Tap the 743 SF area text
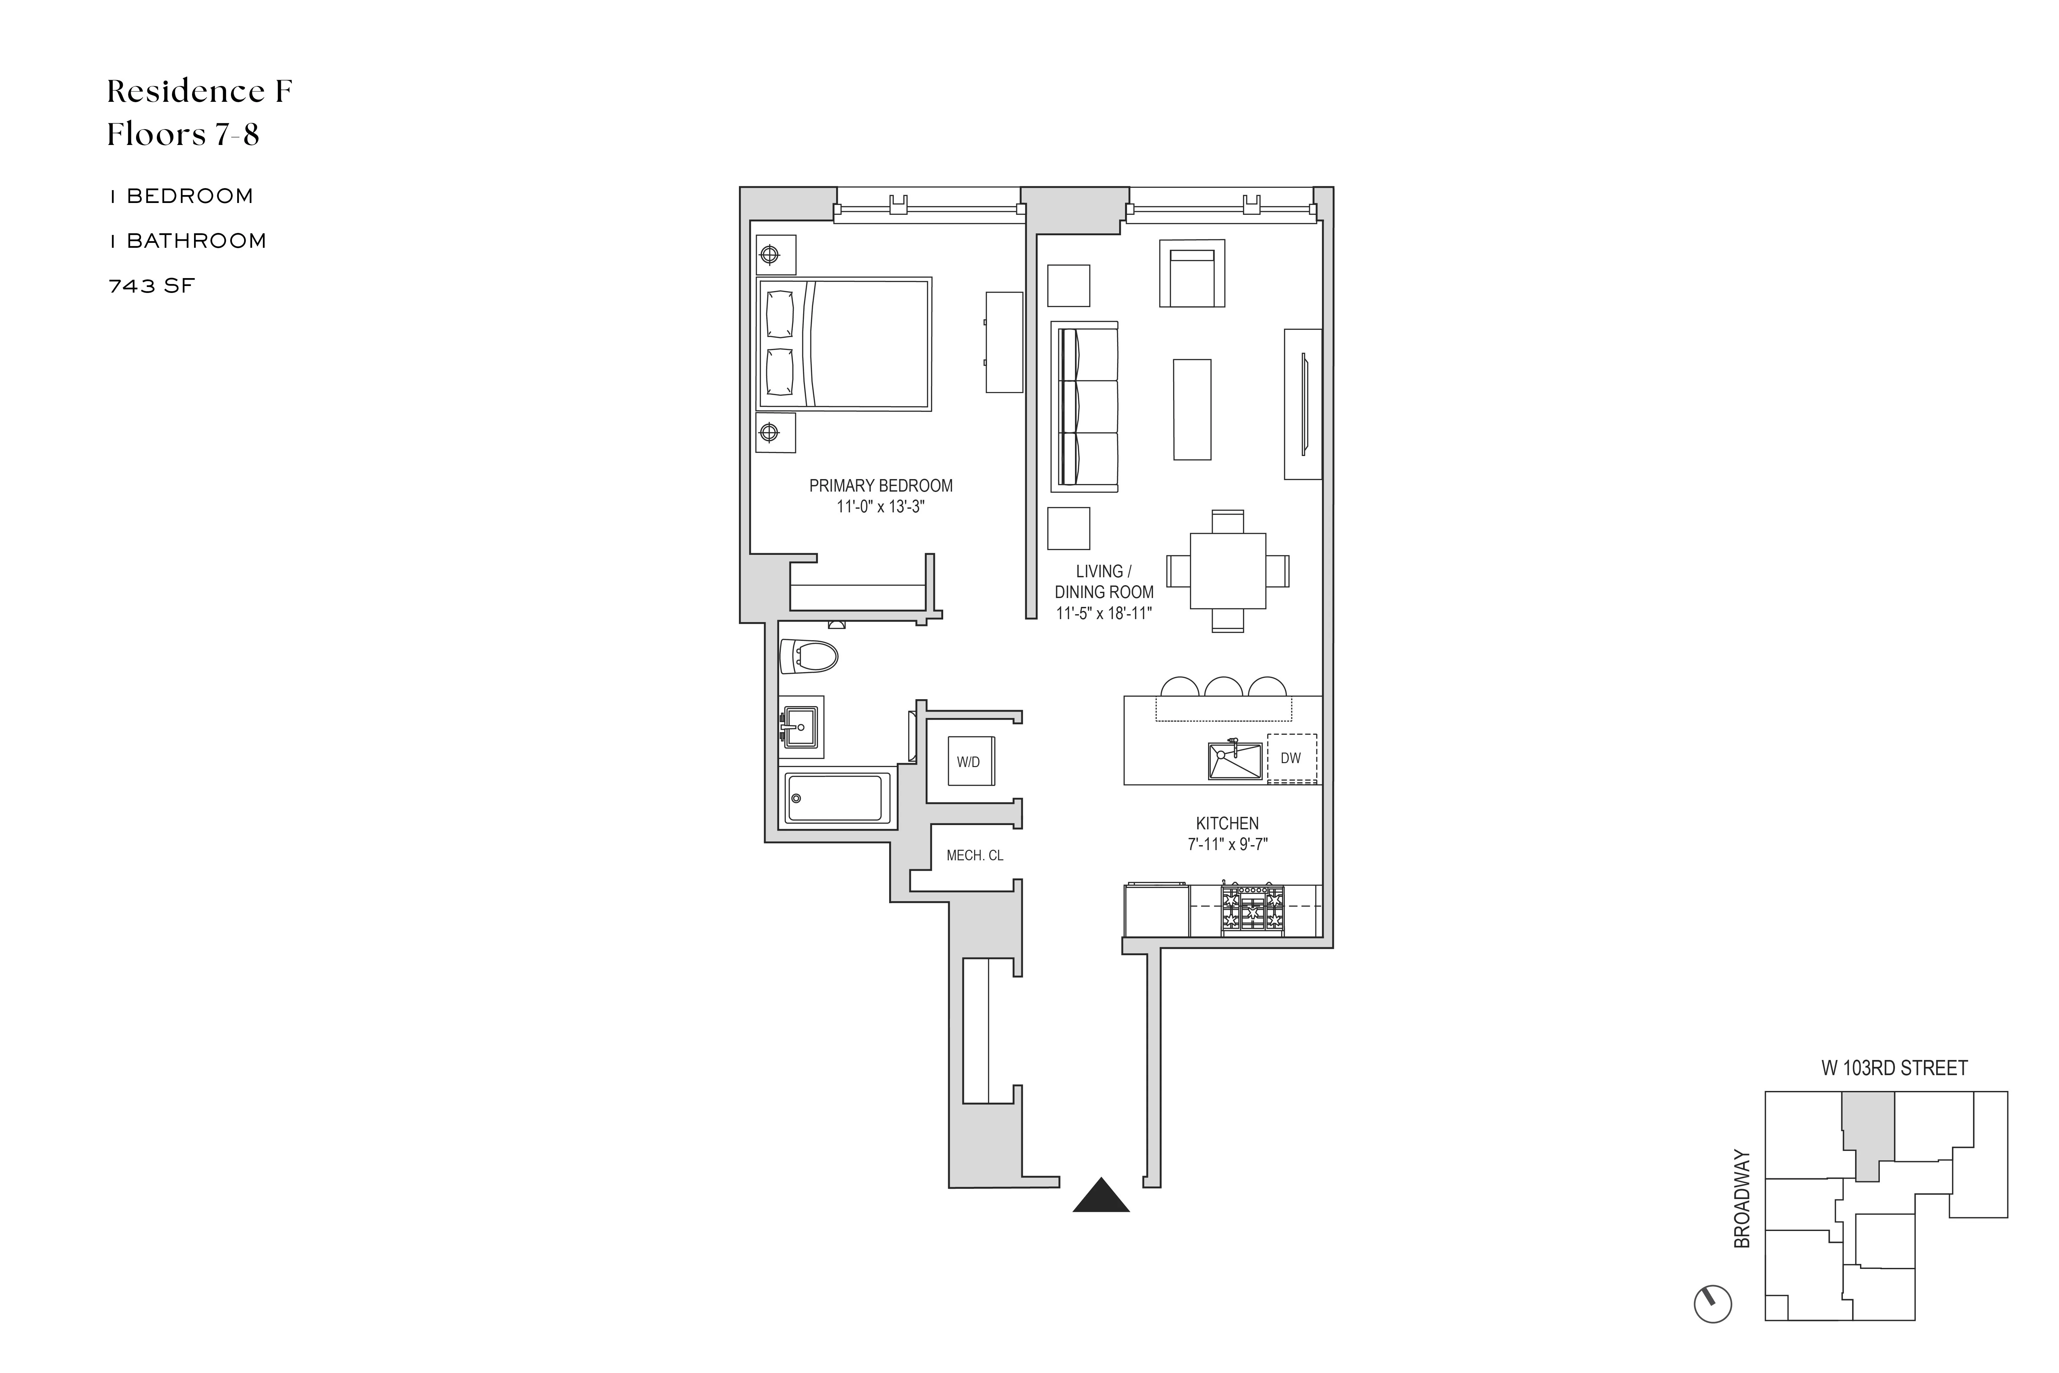pyautogui.click(x=152, y=286)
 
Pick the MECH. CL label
pyautogui.click(x=974, y=855)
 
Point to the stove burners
pyautogui.click(x=1253, y=908)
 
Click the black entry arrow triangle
pyautogui.click(x=1101, y=1196)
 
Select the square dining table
pyautogui.click(x=1227, y=571)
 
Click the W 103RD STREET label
pyautogui.click(x=1894, y=1068)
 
